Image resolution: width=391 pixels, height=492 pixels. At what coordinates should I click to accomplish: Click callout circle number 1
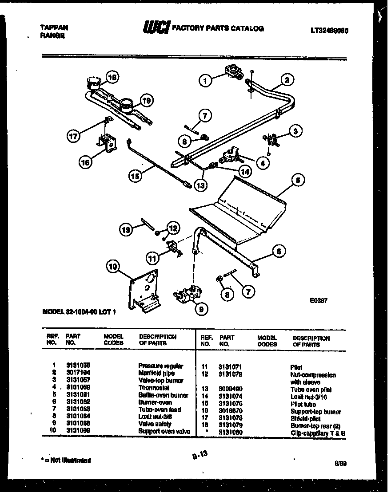click(205, 81)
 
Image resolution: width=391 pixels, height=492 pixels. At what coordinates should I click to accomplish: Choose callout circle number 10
click(113, 266)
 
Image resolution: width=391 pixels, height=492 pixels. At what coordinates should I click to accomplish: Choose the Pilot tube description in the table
click(303, 404)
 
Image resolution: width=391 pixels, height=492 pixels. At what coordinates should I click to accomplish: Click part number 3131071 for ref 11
click(231, 367)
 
